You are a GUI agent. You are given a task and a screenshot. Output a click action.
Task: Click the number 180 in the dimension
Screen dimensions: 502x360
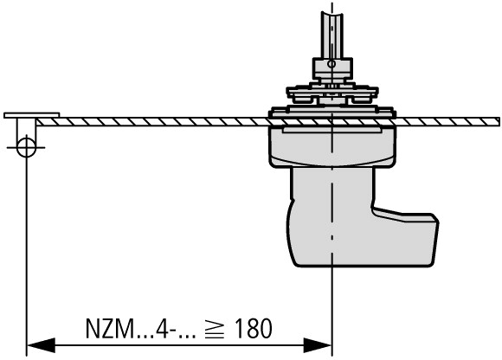(x=254, y=328)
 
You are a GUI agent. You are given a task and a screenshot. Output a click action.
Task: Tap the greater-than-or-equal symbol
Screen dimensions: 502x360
(x=215, y=329)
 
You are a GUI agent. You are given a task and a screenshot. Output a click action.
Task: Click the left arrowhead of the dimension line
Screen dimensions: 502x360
(x=41, y=345)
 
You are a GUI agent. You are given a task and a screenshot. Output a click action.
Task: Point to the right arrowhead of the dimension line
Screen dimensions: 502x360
(x=317, y=345)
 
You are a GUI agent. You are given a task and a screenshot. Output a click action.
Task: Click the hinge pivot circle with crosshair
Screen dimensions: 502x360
(x=26, y=147)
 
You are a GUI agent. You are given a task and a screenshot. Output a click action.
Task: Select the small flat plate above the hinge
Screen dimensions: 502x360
(x=32, y=115)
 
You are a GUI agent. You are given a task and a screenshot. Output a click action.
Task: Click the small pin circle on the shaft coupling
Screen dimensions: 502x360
(x=331, y=64)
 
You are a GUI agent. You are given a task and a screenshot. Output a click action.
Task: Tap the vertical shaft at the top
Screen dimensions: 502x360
(x=332, y=35)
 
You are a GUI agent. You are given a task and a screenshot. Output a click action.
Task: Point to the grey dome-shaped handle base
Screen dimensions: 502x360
(x=332, y=146)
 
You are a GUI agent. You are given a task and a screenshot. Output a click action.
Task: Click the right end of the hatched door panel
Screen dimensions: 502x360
(x=498, y=122)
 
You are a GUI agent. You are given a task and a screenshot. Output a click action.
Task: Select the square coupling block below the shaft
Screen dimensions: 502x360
(x=332, y=68)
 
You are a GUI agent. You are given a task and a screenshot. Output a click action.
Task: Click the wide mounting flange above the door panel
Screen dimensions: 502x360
(x=332, y=112)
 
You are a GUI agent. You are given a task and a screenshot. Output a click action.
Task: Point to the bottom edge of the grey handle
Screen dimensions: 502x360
(x=364, y=266)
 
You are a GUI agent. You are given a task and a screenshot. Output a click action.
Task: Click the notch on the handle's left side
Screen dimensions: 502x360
(x=292, y=200)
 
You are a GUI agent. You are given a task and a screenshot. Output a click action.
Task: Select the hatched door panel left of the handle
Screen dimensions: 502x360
(x=152, y=122)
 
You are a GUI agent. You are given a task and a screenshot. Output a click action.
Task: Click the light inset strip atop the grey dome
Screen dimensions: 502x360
(x=332, y=130)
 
